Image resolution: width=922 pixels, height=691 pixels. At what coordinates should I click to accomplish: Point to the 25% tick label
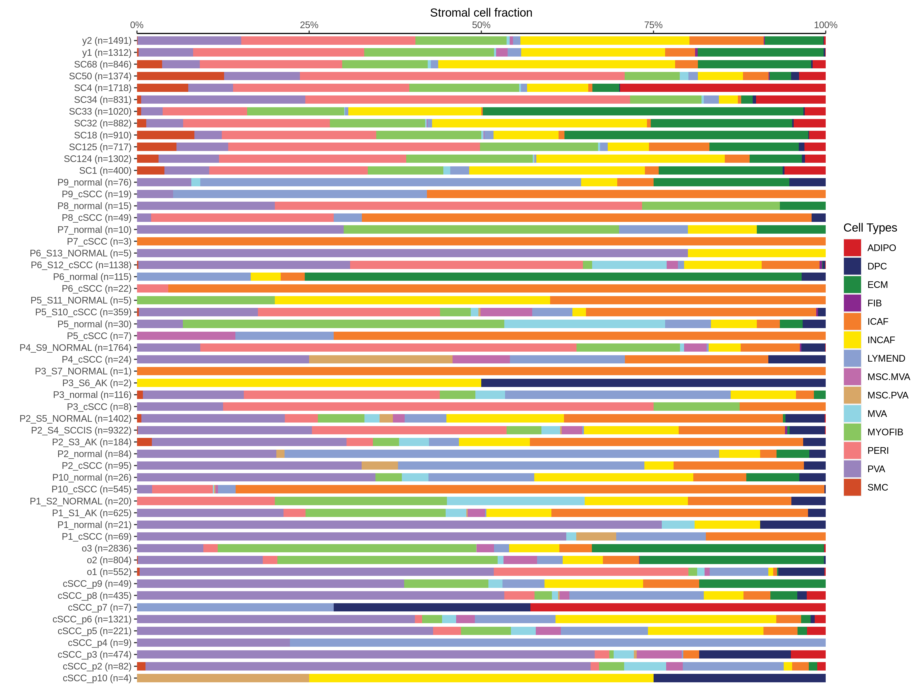click(x=309, y=25)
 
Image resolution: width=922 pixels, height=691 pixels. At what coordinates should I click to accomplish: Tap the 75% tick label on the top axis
click(x=653, y=25)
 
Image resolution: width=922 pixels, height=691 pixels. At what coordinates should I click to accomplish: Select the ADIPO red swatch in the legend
click(x=852, y=248)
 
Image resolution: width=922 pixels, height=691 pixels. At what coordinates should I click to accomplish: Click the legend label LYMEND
click(x=886, y=359)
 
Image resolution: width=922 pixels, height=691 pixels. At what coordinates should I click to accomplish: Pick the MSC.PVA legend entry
click(x=887, y=395)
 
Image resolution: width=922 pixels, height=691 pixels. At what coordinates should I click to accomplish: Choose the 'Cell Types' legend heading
click(x=870, y=228)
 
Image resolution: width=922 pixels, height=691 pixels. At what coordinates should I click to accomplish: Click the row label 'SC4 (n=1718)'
click(x=102, y=88)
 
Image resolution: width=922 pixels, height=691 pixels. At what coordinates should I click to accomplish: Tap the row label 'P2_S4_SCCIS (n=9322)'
click(x=81, y=430)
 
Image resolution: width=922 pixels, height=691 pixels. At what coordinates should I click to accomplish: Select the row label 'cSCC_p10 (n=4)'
click(x=97, y=678)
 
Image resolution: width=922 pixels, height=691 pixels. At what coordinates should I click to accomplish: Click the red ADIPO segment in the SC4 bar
click(x=722, y=88)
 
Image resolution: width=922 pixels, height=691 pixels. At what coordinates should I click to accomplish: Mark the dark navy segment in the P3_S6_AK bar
click(x=653, y=383)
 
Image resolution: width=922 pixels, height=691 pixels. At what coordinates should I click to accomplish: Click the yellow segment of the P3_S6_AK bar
click(x=309, y=383)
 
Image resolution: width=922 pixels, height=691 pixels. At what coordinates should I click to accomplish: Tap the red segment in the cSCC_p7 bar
click(x=678, y=607)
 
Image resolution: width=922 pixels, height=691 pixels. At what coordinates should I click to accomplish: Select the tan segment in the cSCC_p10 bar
click(x=223, y=678)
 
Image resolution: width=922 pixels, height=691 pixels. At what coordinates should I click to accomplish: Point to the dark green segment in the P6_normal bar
click(x=553, y=277)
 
